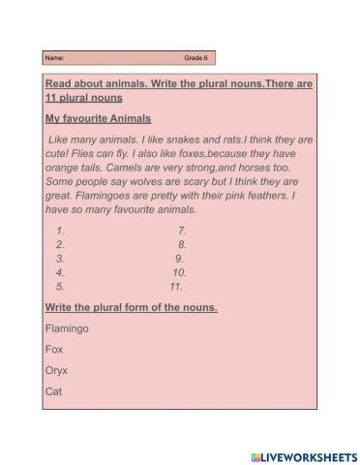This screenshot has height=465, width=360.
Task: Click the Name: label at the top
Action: [x=52, y=58]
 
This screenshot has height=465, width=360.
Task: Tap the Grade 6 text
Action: [x=195, y=58]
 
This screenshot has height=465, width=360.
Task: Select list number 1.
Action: [x=60, y=231]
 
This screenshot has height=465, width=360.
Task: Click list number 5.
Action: [x=60, y=287]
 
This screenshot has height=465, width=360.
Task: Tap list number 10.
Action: [x=178, y=273]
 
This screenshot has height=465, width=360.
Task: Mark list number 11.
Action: [x=175, y=287]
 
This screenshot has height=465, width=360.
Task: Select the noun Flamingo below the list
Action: [x=67, y=328]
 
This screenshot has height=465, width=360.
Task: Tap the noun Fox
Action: [x=54, y=350]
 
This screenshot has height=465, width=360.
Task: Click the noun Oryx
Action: [x=56, y=371]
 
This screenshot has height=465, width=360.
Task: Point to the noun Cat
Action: [x=53, y=392]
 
